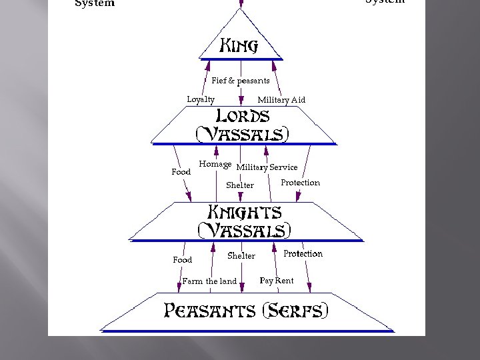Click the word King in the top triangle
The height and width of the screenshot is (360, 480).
pyautogui.click(x=239, y=46)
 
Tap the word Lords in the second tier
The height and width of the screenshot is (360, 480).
pyautogui.click(x=238, y=116)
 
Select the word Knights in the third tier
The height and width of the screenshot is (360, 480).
pyautogui.click(x=245, y=213)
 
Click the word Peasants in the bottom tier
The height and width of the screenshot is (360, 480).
pyautogui.click(x=210, y=311)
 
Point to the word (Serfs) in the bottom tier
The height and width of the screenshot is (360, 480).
pyautogui.click(x=296, y=311)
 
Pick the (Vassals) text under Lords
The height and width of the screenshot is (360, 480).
pyautogui.click(x=243, y=134)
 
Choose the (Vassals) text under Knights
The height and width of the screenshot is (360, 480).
pyautogui.click(x=245, y=231)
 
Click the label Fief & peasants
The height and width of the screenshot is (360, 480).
pyautogui.click(x=241, y=81)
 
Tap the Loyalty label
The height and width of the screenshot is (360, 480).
pyautogui.click(x=201, y=99)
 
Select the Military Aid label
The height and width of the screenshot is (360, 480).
pyautogui.click(x=281, y=100)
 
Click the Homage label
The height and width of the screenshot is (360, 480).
pyautogui.click(x=215, y=165)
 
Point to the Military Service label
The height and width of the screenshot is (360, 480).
pyautogui.click(x=267, y=167)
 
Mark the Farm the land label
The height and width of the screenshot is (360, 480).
pyautogui.click(x=209, y=281)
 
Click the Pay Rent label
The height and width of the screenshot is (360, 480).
pyautogui.click(x=277, y=281)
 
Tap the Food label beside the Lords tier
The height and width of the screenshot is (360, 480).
pyautogui.click(x=181, y=172)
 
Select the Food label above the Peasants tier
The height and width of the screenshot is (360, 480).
pyautogui.click(x=183, y=260)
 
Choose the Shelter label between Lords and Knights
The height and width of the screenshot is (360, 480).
pyautogui.click(x=240, y=185)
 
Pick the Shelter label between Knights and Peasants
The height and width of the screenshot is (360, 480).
pyautogui.click(x=241, y=256)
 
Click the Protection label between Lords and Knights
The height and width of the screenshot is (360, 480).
pyautogui.click(x=300, y=183)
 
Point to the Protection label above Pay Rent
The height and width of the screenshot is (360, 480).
pyautogui.click(x=303, y=254)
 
